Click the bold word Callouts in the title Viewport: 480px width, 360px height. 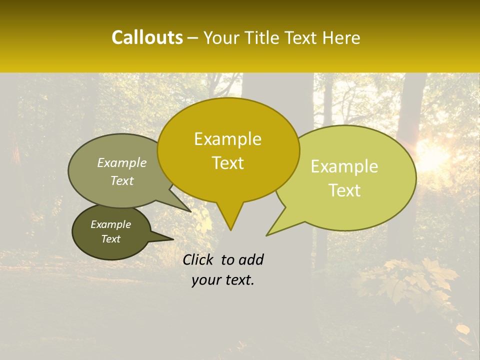(x=147, y=38)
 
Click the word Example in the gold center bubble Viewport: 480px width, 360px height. (x=227, y=139)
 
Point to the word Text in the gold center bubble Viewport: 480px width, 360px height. (x=227, y=163)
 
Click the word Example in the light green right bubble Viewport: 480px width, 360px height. (x=344, y=167)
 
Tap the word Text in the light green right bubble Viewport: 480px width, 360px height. (x=344, y=190)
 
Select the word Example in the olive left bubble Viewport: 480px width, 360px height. (x=122, y=162)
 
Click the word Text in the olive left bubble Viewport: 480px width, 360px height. (x=122, y=180)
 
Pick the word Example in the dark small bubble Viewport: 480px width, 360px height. (x=111, y=224)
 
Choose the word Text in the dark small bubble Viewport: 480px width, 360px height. (x=111, y=239)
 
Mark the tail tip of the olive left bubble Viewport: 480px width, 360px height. (x=190, y=211)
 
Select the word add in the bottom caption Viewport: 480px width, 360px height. (x=251, y=259)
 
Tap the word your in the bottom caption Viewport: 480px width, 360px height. (x=205, y=280)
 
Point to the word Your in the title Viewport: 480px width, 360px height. (x=220, y=38)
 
